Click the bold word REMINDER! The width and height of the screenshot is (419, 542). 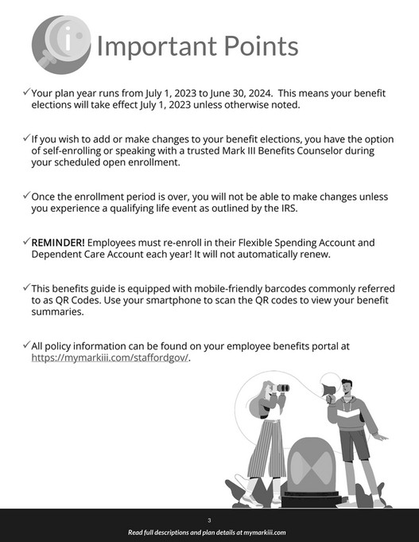click(57, 241)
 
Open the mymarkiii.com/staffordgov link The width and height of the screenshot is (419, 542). click(111, 357)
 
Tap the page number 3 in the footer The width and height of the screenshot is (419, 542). click(209, 519)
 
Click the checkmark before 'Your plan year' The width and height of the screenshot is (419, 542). click(26, 92)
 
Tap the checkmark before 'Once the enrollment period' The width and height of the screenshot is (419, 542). click(26, 195)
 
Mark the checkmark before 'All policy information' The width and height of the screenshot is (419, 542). click(26, 345)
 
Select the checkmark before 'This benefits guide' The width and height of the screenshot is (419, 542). click(26, 287)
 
